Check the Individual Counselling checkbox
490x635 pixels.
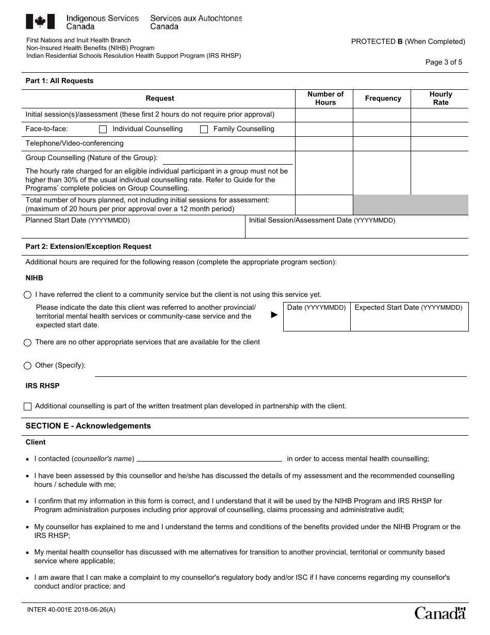tap(103, 130)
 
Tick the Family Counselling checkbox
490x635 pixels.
tap(204, 130)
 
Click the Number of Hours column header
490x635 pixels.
tap(325, 98)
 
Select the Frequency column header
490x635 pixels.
tap(383, 98)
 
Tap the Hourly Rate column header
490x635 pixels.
tap(440, 98)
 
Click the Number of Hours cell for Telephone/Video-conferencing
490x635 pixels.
tap(323, 144)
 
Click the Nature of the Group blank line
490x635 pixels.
tap(227, 158)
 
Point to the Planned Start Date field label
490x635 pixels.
tap(78, 220)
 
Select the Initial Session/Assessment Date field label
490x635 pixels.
tap(322, 220)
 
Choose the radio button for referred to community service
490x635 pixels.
tap(28, 295)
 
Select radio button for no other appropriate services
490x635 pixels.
tap(28, 342)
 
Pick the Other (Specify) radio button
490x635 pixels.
tap(28, 366)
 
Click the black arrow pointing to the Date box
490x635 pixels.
tap(274, 314)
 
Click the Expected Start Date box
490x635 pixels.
tap(409, 316)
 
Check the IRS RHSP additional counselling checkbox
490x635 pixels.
tap(28, 406)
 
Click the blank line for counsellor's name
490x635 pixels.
tap(209, 458)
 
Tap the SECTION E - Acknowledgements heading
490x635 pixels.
tap(88, 426)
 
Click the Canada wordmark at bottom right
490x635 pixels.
tap(440, 613)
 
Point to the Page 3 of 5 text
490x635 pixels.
tap(444, 62)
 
